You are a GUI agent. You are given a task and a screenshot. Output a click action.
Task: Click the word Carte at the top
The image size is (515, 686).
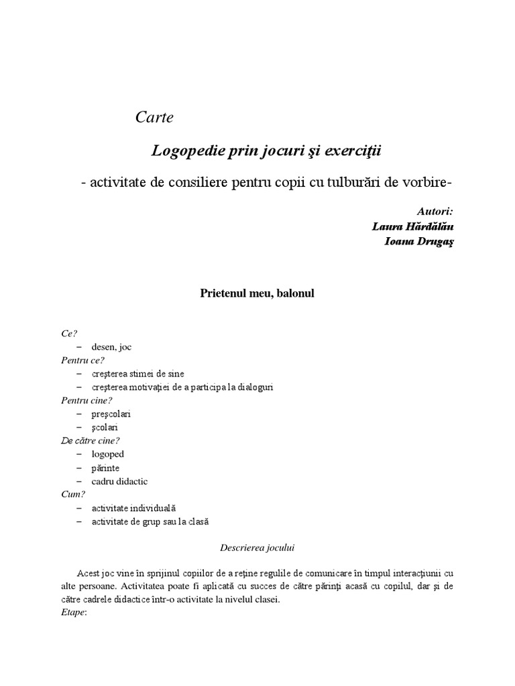click(154, 117)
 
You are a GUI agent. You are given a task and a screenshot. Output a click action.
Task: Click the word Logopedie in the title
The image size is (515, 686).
click(184, 150)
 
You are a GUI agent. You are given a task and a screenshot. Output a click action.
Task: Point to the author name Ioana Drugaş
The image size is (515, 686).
click(419, 242)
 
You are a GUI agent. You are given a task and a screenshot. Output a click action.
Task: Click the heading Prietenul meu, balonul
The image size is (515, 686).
click(257, 293)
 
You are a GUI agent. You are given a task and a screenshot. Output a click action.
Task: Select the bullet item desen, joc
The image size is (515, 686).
click(112, 347)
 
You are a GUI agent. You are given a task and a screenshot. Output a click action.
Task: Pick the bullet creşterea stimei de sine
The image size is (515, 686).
click(138, 374)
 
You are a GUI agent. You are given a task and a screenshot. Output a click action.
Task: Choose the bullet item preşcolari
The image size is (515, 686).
click(111, 414)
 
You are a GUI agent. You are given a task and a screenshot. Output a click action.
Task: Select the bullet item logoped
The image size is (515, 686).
click(108, 454)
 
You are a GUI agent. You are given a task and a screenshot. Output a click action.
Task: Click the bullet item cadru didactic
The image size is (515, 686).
click(119, 481)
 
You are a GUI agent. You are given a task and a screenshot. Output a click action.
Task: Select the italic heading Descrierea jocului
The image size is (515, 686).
click(257, 547)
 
